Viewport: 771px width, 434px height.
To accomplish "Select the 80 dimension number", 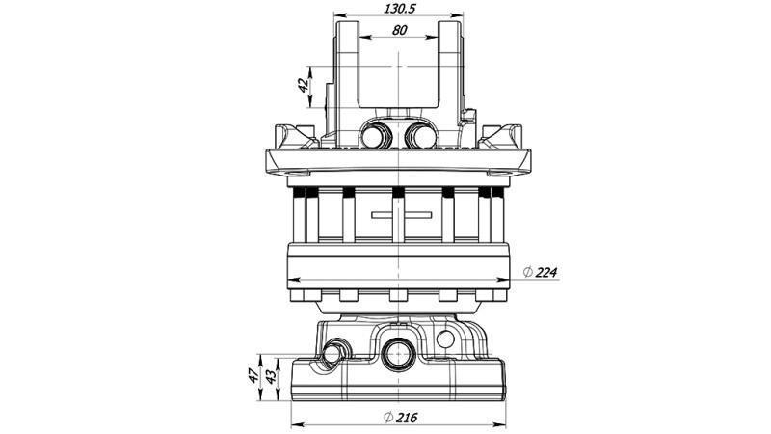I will [398, 30].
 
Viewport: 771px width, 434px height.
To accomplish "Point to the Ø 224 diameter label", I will [539, 273].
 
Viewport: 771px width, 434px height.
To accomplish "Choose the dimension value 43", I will [272, 374].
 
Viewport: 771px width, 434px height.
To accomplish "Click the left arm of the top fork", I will [346, 68].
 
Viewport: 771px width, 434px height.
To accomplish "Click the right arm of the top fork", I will [450, 68].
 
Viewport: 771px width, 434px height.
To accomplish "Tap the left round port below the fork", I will [374, 136].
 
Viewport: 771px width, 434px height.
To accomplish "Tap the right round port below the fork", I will [420, 136].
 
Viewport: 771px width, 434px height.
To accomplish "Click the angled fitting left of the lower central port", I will [332, 353].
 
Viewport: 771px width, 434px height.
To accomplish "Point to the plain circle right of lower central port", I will [445, 340].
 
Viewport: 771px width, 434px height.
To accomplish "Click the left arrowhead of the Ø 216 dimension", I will [294, 424].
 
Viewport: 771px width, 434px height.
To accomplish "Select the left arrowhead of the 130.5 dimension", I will [337, 17].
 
